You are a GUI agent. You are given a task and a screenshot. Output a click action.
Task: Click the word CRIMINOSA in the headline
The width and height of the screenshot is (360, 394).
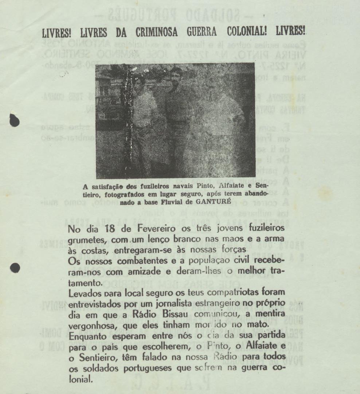coord(157,32)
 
